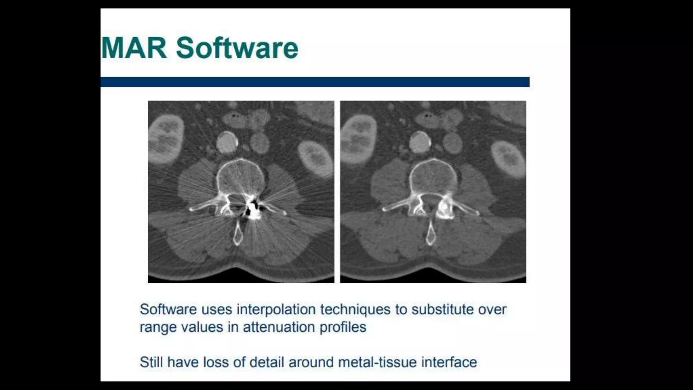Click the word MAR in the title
click(x=134, y=48)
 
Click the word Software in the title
click(x=237, y=48)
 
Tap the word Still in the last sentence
click(x=151, y=362)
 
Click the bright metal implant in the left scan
click(x=252, y=209)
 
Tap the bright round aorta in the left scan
click(x=227, y=143)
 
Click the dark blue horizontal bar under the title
click(x=315, y=82)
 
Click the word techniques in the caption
click(x=355, y=309)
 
